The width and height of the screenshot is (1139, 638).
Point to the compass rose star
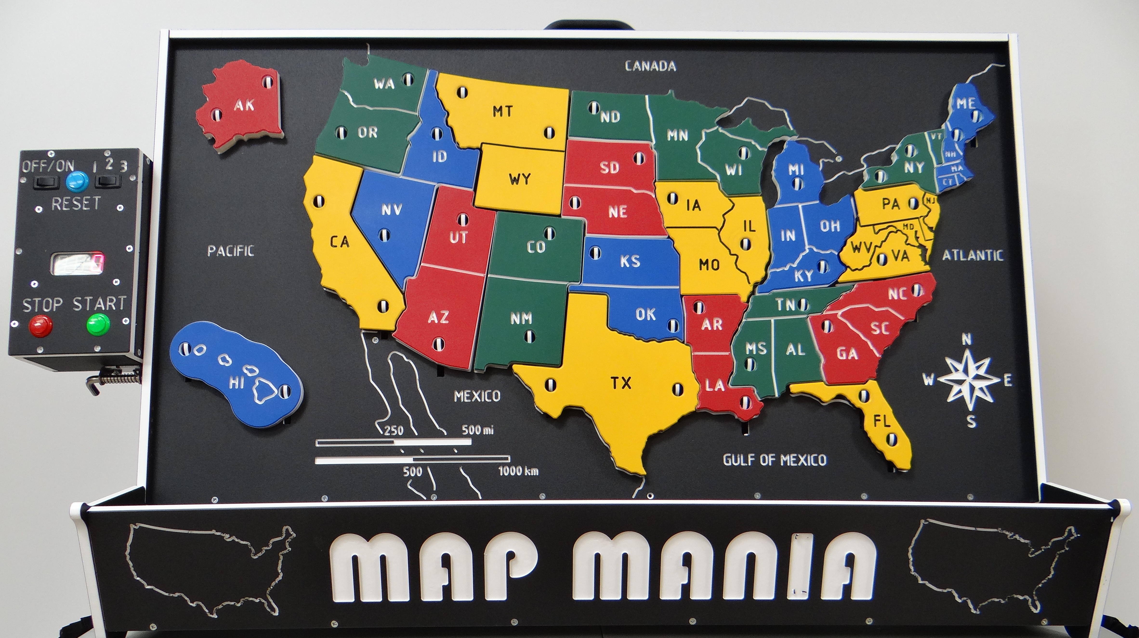[x=968, y=379]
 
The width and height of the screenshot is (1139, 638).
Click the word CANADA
[x=650, y=66]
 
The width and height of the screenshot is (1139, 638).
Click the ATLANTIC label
[x=972, y=255]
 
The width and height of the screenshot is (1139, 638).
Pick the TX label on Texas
[x=621, y=383]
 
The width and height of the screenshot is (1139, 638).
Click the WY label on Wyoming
[x=519, y=179]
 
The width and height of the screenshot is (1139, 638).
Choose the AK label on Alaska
[x=244, y=105]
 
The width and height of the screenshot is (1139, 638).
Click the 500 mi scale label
[x=478, y=430]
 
